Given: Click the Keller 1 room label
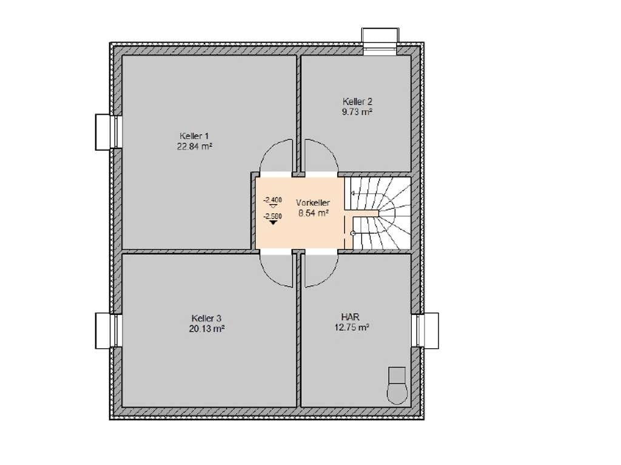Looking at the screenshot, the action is coord(194,136).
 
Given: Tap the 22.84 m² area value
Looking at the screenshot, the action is coord(195,147).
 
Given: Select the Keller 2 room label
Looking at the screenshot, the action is coord(358,101).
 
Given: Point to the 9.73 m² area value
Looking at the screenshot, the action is coord(357,111).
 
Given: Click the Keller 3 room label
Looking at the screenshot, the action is coord(206,318).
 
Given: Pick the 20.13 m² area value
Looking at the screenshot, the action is coord(207,329).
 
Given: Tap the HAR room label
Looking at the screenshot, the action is coord(351,317).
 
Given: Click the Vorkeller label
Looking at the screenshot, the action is coord(313,202).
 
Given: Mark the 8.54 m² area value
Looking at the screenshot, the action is coord(314,213).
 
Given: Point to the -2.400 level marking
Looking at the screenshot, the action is coord(272,200).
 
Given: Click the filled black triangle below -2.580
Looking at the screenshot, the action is coord(273,223).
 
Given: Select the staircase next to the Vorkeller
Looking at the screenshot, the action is coord(377,213).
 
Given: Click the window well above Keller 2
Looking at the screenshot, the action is coord(380,41).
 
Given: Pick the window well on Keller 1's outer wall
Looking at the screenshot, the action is coord(109,132).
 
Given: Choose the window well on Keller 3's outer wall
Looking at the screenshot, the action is coord(109,331).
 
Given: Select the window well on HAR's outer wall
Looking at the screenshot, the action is coord(425,331).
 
